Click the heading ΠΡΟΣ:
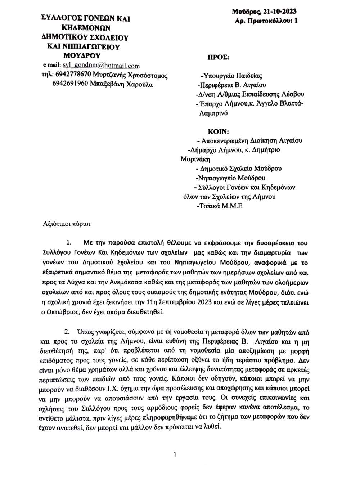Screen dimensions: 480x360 (x=218, y=57)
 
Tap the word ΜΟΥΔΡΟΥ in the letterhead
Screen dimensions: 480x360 (x=82, y=55)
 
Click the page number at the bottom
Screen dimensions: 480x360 (x=175, y=454)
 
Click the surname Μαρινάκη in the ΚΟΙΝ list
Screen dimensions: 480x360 (x=195, y=159)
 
